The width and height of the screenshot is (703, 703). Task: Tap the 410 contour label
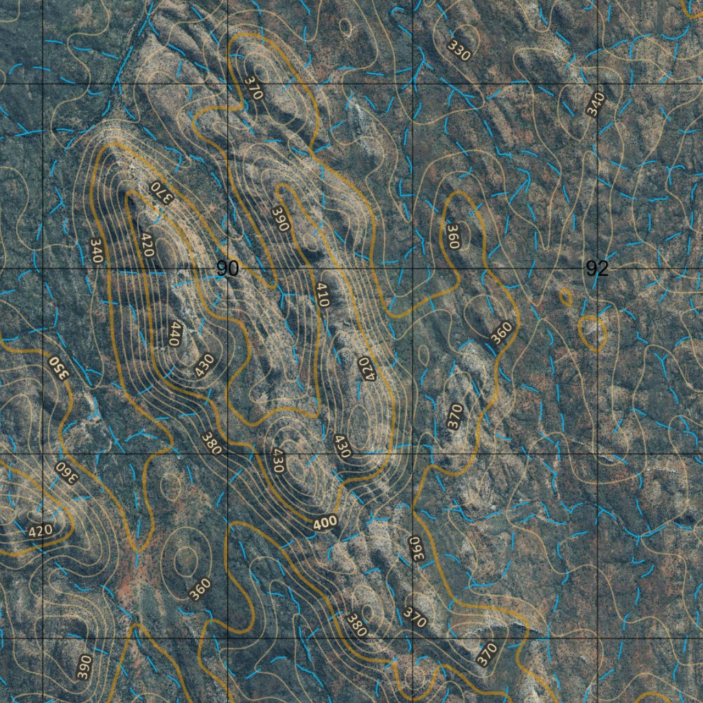click(x=322, y=295)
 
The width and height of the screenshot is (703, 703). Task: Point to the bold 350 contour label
click(x=59, y=366)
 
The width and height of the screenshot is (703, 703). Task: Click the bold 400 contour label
click(x=325, y=523)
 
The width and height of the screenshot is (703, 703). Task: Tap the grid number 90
click(x=227, y=268)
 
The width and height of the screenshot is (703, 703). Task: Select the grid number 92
click(x=597, y=268)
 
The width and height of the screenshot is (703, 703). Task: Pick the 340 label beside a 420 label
click(x=96, y=251)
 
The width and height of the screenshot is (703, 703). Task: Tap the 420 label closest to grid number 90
click(x=146, y=244)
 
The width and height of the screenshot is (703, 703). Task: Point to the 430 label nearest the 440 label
click(x=204, y=364)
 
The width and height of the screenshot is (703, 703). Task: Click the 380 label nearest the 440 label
click(x=211, y=443)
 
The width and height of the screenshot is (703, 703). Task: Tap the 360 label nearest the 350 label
click(x=65, y=473)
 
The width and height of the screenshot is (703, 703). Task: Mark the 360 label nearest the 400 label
click(x=416, y=548)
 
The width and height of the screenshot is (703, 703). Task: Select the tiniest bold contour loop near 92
click(x=566, y=297)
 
